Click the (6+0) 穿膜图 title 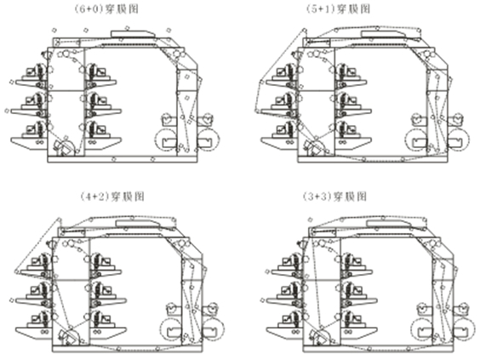[106, 9]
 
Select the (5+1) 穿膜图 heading [338, 9]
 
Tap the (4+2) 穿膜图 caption [111, 196]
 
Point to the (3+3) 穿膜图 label [334, 196]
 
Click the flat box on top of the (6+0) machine [132, 34]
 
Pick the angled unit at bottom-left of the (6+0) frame [64, 147]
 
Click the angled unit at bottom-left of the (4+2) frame [69, 336]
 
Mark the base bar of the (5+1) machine [373, 159]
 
